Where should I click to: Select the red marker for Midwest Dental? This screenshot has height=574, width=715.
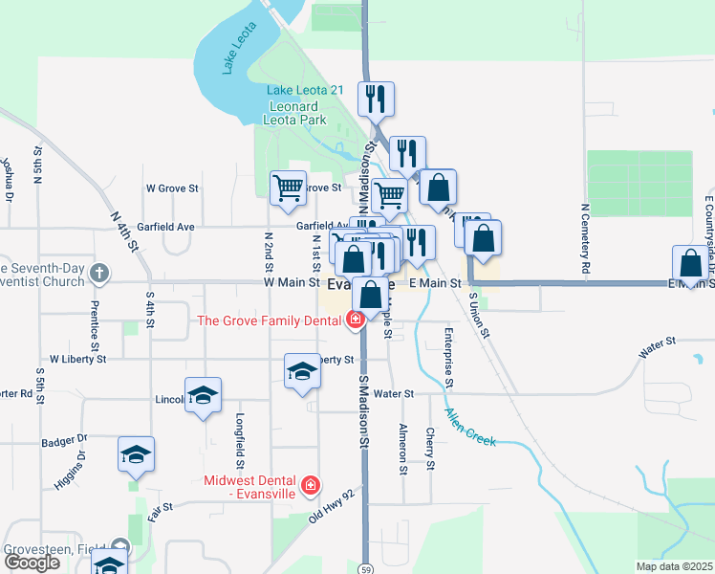click(310, 487)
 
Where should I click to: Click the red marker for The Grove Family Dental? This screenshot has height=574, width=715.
click(356, 320)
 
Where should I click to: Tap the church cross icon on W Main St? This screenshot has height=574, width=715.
click(98, 275)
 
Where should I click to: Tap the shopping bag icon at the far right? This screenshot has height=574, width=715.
click(690, 262)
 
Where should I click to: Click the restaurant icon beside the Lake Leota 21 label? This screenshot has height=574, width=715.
click(376, 98)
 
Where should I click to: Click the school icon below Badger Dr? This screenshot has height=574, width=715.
click(136, 453)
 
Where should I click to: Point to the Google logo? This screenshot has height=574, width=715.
click(32, 563)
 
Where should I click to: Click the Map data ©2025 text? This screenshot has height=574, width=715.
click(673, 566)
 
